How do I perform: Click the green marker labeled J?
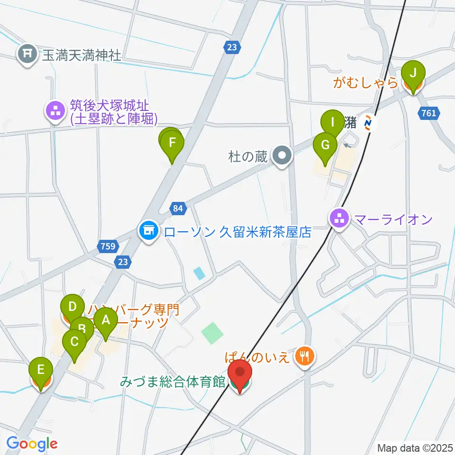pos(413,74)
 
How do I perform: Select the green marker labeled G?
pos(325,146)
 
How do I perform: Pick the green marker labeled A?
pos(105,321)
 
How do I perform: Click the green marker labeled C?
pos(74,342)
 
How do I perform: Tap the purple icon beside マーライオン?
pos(339,219)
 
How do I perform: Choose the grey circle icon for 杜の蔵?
pos(283,156)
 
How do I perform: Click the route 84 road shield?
pos(177,208)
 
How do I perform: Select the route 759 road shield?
pos(107,246)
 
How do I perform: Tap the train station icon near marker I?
pos(368,124)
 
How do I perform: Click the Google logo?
pos(32,444)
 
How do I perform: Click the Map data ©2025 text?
pos(414,447)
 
